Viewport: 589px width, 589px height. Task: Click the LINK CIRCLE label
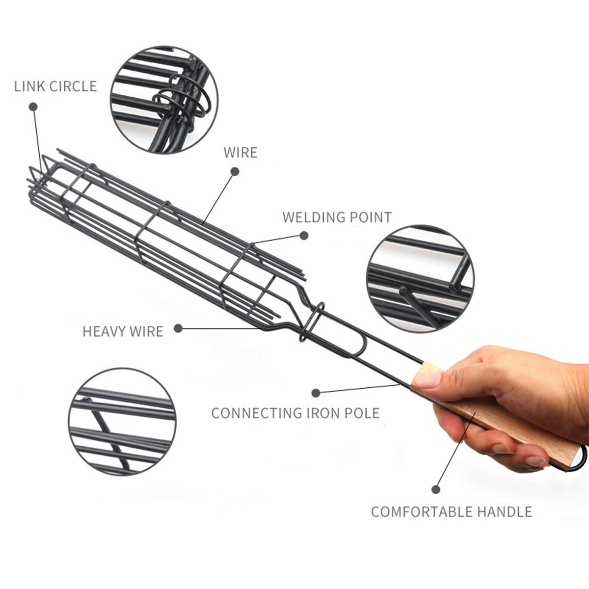(55, 86)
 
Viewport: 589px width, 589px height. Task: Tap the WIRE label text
(241, 152)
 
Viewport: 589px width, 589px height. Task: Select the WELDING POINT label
(337, 217)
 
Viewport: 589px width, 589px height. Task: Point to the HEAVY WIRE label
(123, 331)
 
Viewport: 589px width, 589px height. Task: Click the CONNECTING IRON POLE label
(295, 412)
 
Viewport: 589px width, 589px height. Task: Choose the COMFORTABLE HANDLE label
(451, 511)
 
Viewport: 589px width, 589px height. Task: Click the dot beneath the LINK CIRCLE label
(33, 107)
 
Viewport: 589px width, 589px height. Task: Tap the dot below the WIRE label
(235, 171)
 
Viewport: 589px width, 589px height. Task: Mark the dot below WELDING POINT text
(304, 236)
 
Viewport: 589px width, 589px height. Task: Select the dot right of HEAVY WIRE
(178, 328)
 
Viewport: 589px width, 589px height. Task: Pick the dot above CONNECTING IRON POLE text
(316, 393)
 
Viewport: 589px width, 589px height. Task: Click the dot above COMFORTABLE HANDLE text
(435, 489)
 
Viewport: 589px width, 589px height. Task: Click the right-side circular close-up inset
(420, 280)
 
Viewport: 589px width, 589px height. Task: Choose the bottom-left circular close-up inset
(122, 422)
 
